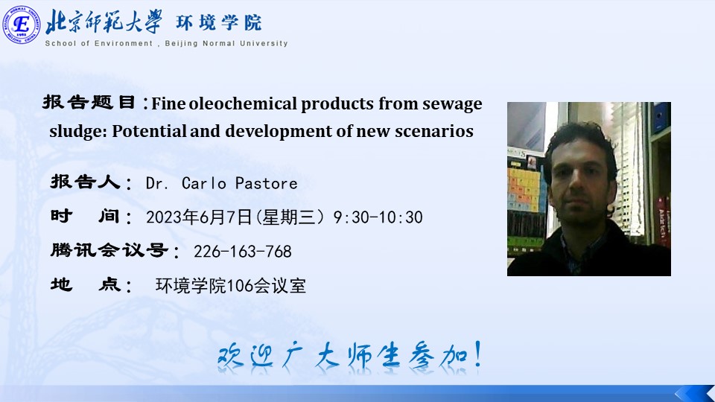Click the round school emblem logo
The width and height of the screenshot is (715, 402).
(22, 25)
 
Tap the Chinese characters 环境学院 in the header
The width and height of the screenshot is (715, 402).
(219, 22)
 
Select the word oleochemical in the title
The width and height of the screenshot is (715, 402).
(243, 103)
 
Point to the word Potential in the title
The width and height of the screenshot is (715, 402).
(149, 131)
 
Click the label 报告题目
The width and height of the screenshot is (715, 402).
(89, 102)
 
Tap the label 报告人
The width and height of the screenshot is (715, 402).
(85, 182)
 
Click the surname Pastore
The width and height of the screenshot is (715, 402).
(267, 183)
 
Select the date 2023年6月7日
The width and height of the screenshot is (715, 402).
(199, 217)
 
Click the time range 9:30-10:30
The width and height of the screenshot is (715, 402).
(378, 217)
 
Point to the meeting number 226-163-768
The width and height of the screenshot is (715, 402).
(243, 251)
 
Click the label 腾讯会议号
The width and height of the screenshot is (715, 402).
(109, 250)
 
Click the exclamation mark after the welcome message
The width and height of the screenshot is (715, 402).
(477, 354)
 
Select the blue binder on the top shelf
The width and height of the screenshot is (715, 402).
(661, 116)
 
